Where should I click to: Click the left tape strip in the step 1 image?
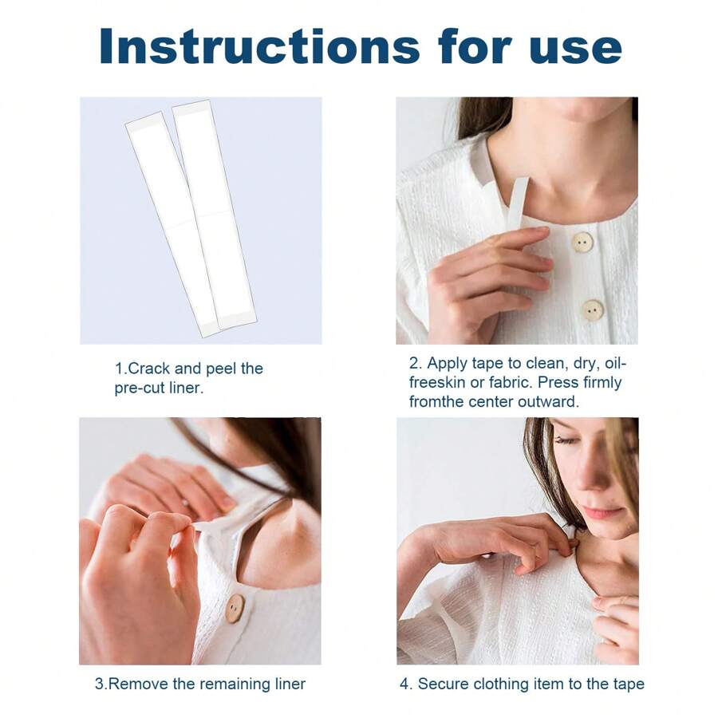pyautogui.click(x=172, y=223)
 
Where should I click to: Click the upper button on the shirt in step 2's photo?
pyautogui.click(x=583, y=242)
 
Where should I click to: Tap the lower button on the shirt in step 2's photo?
pyautogui.click(x=592, y=310)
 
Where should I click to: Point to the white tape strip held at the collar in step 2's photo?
pyautogui.click(x=517, y=203)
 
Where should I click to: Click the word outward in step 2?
pyautogui.click(x=549, y=401)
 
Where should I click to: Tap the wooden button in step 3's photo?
pyautogui.click(x=234, y=608)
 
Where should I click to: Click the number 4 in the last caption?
pyautogui.click(x=404, y=684)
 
